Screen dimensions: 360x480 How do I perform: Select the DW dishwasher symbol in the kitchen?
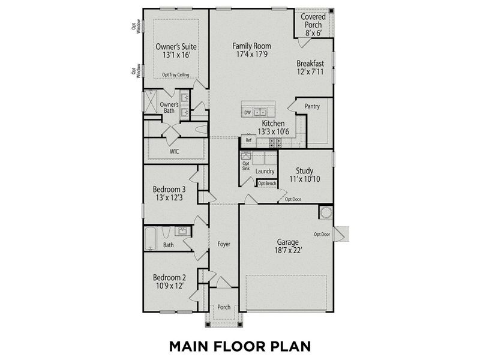click(x=247, y=112)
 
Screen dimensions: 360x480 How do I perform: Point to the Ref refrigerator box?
click(x=248, y=140)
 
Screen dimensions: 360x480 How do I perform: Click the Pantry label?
click(x=312, y=106)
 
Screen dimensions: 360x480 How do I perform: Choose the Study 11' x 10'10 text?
click(x=304, y=175)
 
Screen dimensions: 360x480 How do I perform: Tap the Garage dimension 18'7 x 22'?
click(x=287, y=251)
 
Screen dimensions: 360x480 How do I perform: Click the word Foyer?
click(x=224, y=244)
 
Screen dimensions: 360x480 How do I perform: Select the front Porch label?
click(x=224, y=307)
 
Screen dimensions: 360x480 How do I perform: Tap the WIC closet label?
click(x=175, y=151)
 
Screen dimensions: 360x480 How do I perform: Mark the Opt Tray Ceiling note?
click(x=176, y=75)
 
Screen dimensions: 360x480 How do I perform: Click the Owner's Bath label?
click(x=169, y=107)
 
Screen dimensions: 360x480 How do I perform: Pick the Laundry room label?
click(x=265, y=172)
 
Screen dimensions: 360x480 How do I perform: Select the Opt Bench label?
click(x=267, y=183)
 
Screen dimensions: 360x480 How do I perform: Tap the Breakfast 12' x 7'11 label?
click(x=310, y=67)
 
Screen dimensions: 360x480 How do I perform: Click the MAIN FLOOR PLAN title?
click(x=239, y=346)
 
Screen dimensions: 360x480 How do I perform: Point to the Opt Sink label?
click(x=245, y=166)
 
